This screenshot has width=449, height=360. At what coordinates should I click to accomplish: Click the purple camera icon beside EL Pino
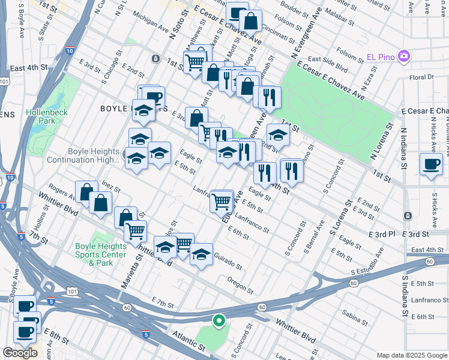click(x=404, y=56)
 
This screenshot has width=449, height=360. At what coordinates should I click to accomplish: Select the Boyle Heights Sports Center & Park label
click(x=101, y=254)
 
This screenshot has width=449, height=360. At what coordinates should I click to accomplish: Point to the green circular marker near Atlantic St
click(x=219, y=321)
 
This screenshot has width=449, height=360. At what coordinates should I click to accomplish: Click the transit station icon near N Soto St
click(x=155, y=58)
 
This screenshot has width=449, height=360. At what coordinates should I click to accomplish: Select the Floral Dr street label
click(x=421, y=77)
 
